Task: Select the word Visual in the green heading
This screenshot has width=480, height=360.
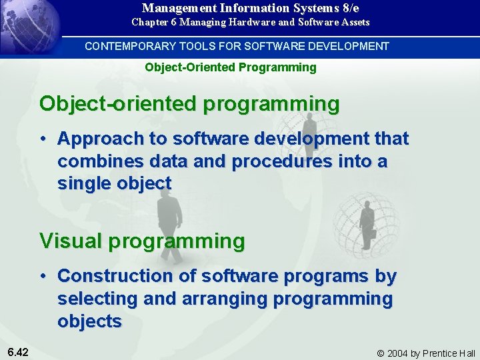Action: (71, 240)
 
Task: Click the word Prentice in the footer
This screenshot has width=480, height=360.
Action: (441, 353)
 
